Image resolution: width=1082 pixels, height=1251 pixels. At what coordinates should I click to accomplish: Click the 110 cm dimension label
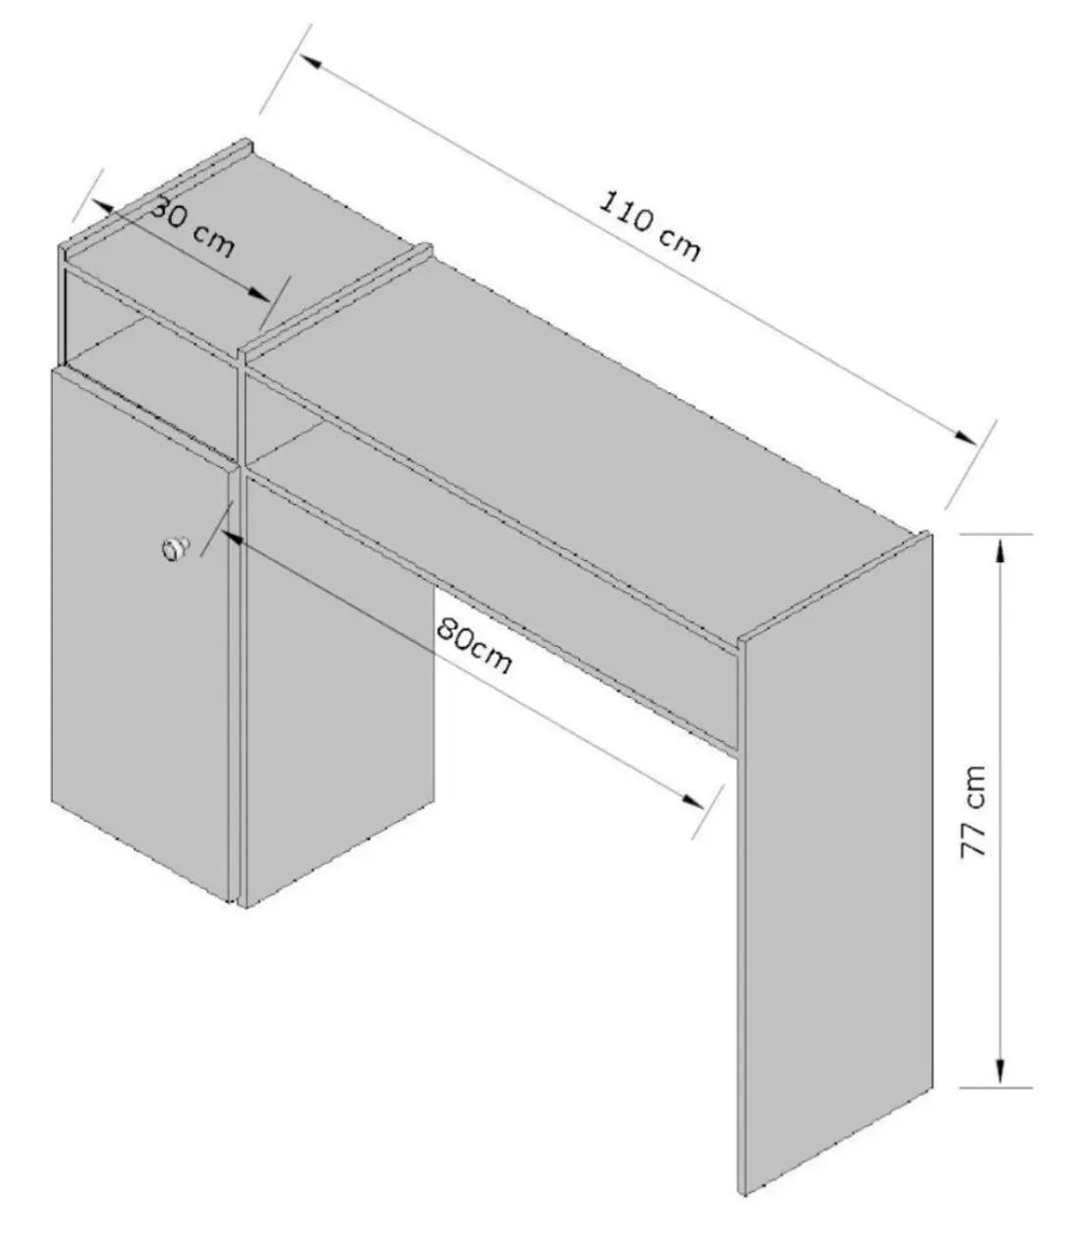[x=651, y=227]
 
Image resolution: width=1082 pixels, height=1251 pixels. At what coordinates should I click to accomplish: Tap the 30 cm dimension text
[x=193, y=228]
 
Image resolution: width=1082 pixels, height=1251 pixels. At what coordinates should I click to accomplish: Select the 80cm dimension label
[x=475, y=646]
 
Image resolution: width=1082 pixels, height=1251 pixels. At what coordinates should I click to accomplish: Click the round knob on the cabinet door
[x=175, y=548]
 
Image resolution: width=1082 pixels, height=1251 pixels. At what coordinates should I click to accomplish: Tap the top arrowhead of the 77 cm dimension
[x=1000, y=555]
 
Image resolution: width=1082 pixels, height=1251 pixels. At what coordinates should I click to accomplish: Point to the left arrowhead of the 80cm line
[x=233, y=539]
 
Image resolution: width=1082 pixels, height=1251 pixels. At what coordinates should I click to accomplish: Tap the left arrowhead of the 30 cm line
[x=104, y=207]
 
